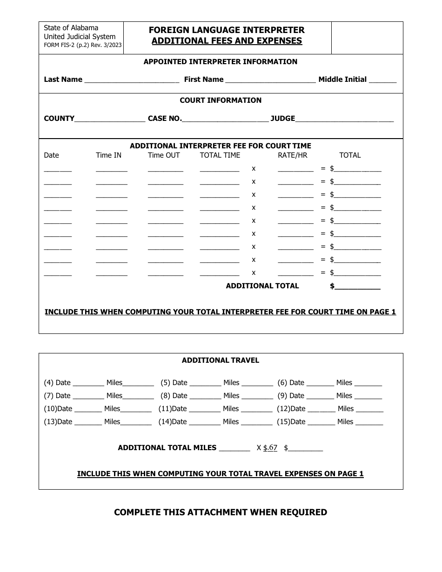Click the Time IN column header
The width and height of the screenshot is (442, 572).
click(108, 155)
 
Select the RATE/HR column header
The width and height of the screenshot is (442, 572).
click(293, 155)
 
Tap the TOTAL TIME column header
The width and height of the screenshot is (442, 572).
click(220, 155)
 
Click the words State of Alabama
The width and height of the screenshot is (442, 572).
click(71, 28)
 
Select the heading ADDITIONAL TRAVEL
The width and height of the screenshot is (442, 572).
click(221, 360)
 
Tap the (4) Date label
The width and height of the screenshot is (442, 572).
click(57, 383)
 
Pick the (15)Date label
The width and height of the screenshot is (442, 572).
click(291, 422)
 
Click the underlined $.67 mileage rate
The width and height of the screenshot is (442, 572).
click(270, 448)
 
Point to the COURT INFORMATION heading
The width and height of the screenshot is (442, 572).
click(221, 100)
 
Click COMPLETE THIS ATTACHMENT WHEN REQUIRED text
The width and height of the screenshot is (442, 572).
click(221, 512)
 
